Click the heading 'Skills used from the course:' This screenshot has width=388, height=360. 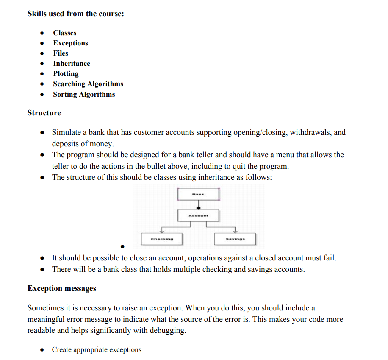pos(75,14)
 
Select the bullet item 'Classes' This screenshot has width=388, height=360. pos(65,33)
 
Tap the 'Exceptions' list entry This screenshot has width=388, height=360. pos(70,43)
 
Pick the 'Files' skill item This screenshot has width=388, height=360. pos(61,53)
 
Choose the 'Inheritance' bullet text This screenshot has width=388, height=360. pos(72,63)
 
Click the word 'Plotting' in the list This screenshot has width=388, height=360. pos(66,73)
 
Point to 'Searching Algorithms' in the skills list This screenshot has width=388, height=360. pos(88,84)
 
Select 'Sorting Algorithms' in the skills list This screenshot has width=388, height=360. pos(84,94)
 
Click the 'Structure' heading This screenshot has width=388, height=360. pos(44,113)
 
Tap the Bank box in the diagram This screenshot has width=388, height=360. pos(198,194)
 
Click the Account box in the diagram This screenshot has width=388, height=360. pos(198,215)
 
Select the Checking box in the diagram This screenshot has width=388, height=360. pos(162,239)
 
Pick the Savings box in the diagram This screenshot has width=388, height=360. pos(235,239)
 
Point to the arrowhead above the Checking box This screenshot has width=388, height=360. pos(162,232)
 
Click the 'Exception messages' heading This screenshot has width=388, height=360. pos(62,288)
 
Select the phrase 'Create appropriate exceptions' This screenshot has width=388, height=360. pos(97,350)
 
